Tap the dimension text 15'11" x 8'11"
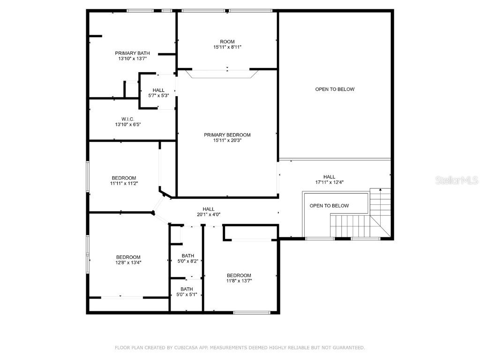(227, 47)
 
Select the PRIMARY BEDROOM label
(227, 135)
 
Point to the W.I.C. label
(127, 119)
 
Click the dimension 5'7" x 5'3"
(158, 96)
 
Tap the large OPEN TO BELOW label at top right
(335, 89)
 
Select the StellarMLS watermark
(457, 180)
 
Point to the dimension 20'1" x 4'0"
(209, 215)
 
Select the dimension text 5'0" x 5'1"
(187, 294)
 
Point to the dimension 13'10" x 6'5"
(127, 125)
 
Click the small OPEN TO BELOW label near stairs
(329, 206)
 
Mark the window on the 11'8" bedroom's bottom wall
(252, 312)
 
